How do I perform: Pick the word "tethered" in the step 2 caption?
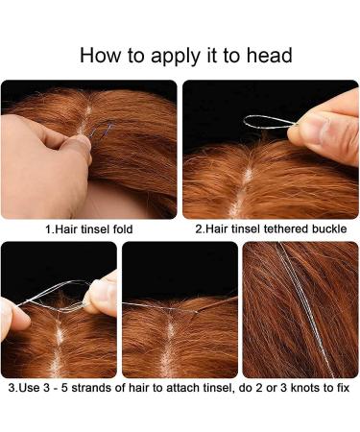[273, 230]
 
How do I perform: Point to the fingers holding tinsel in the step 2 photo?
[326, 134]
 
